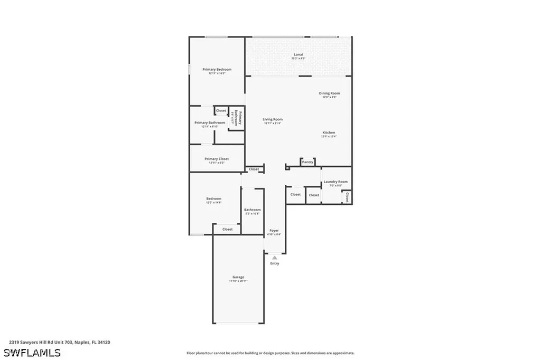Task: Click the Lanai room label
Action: [299, 54]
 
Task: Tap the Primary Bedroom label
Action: [217, 69]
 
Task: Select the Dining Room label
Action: [329, 93]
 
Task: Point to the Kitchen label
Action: [329, 132]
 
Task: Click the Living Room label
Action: [273, 119]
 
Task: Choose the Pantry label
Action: [307, 162]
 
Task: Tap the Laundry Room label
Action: [335, 182]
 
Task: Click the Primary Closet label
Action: [217, 158]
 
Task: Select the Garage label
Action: [238, 277]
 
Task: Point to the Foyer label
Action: [274, 230]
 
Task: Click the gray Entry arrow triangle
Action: [274, 258]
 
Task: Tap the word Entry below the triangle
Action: [275, 263]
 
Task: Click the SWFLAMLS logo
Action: [32, 353]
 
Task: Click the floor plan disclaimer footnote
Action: [270, 353]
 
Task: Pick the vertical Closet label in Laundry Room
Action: [347, 197]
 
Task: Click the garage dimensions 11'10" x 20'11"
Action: [238, 281]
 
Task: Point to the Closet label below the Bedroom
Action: [227, 229]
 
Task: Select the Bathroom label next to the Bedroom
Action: [252, 210]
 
